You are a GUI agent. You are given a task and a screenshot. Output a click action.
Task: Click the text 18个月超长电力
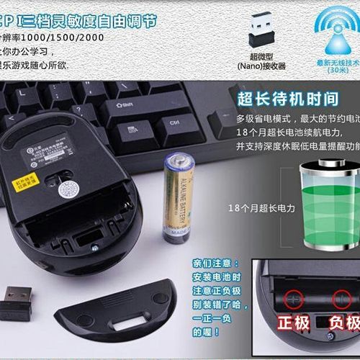point(262,208)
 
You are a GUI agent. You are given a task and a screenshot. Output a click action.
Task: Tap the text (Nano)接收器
point(261,66)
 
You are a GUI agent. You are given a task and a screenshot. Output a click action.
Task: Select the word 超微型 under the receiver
point(261,55)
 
